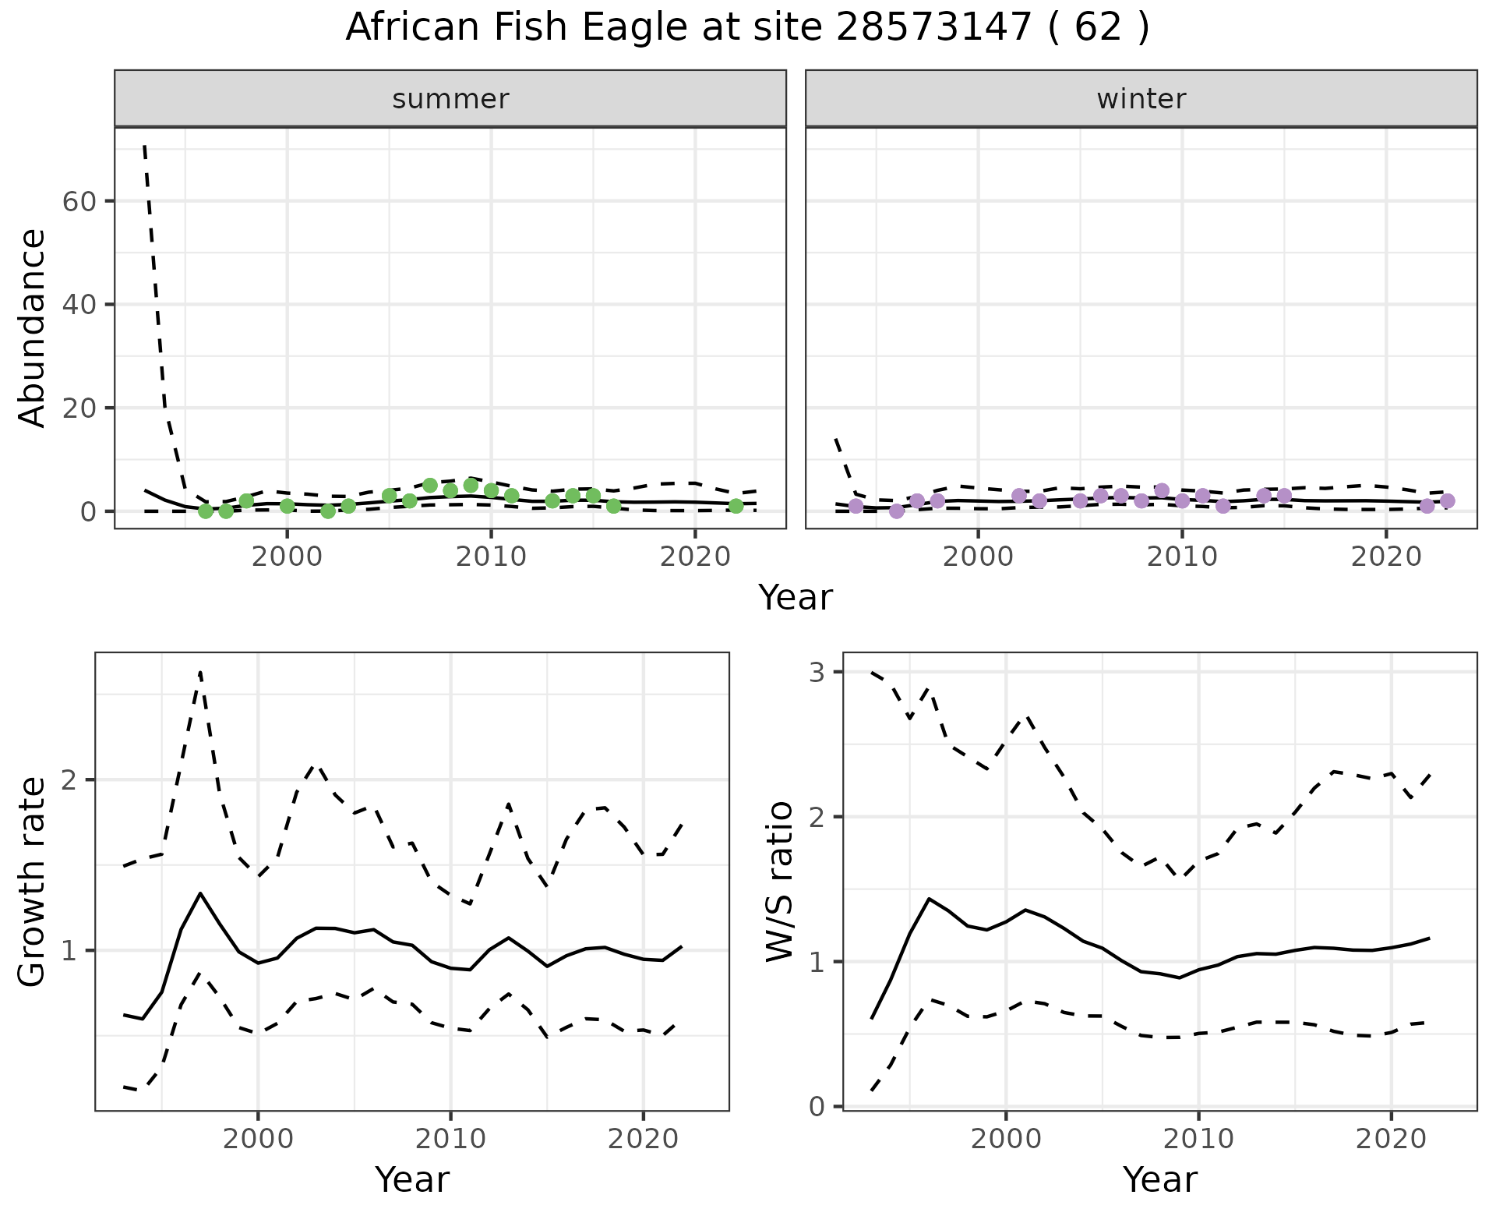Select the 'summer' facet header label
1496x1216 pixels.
450,99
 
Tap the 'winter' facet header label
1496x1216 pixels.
1141,99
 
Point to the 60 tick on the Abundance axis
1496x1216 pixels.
78,201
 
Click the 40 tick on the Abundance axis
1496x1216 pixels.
78,304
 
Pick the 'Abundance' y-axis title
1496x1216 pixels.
33,327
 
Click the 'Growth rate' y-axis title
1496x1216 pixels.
33,881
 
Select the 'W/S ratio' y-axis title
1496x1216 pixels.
779,881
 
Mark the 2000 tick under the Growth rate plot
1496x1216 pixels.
258,1139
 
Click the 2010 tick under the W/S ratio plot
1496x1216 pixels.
1198,1139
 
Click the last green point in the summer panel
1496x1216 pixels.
736,506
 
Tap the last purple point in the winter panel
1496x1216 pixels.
1448,501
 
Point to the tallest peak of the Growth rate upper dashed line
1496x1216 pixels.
200,672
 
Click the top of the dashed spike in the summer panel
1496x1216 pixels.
145,146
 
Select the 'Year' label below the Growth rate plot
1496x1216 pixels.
412,1179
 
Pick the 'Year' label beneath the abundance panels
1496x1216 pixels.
796,598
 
